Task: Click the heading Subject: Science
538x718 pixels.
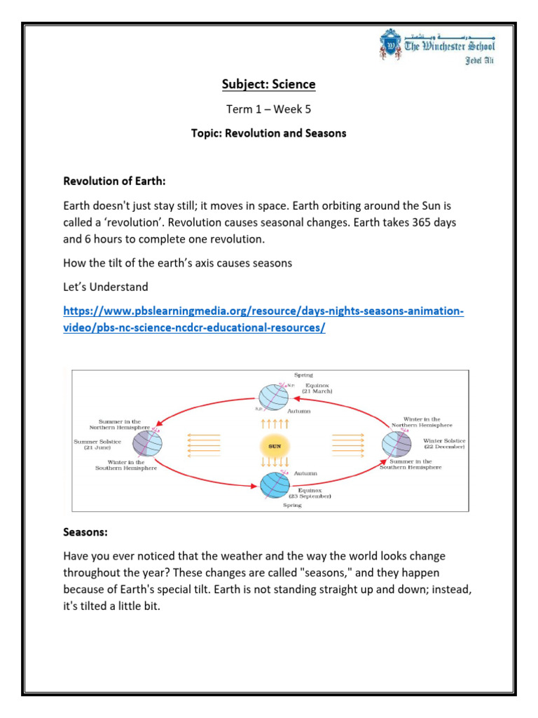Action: (x=269, y=85)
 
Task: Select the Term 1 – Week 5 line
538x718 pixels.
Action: (x=269, y=109)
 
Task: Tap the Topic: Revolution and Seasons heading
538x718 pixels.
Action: (x=269, y=133)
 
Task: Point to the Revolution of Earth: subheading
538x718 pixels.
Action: (x=114, y=181)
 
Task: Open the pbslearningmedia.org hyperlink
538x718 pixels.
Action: (x=263, y=319)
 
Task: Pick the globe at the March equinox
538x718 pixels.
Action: (x=273, y=397)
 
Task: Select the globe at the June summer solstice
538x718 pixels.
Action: (x=148, y=443)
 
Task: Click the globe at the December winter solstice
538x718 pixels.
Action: (x=396, y=443)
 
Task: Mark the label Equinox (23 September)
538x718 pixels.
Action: (x=314, y=493)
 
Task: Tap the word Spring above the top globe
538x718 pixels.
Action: (x=303, y=375)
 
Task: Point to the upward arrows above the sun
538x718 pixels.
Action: (x=275, y=424)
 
